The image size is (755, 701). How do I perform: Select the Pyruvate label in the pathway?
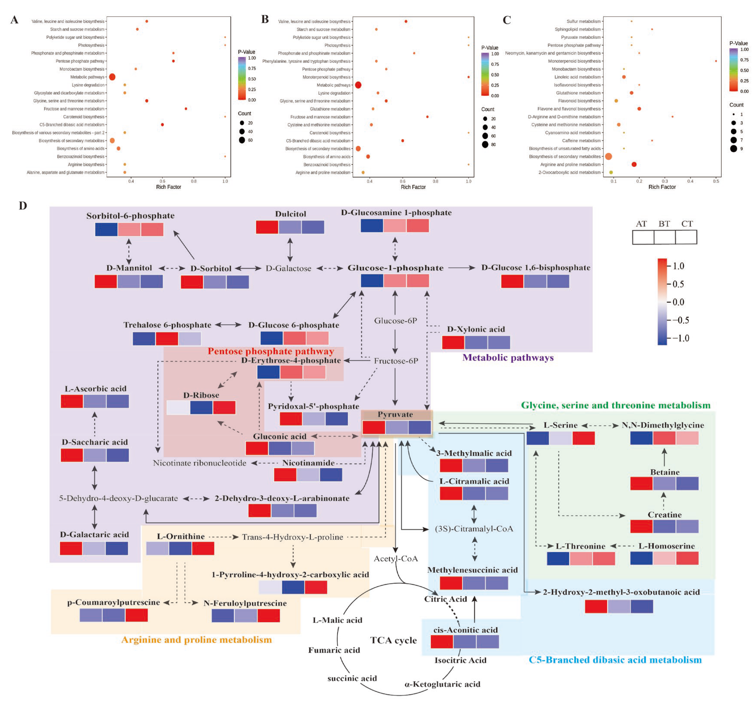395,414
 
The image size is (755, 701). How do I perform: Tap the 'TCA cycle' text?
393,640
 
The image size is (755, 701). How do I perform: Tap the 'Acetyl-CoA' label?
396,558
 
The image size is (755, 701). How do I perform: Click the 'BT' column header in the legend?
664,224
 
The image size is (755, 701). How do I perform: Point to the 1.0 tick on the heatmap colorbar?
678,266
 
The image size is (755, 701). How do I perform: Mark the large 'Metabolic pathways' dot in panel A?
112,77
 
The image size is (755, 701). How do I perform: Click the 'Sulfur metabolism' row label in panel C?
583,21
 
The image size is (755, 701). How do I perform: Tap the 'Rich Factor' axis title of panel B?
413,187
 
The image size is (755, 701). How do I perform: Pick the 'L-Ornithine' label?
181,536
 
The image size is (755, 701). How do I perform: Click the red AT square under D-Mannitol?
105,282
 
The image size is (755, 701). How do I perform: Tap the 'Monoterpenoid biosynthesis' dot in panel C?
715,61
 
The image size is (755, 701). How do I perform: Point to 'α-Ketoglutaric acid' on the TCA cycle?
442,684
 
